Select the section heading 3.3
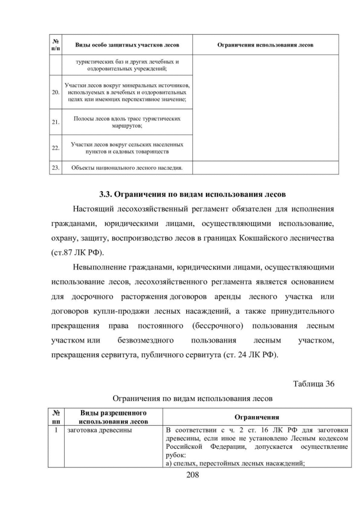click(193, 195)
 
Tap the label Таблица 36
click(314, 384)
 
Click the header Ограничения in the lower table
click(256, 417)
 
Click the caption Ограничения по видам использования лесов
click(193, 399)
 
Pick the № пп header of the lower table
click(56, 417)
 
